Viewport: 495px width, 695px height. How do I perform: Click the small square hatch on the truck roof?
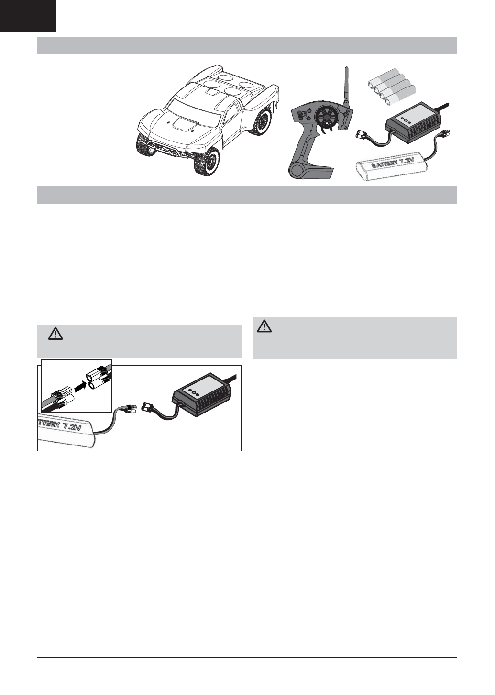tap(213, 91)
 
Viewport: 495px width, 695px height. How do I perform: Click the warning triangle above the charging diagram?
tap(55, 334)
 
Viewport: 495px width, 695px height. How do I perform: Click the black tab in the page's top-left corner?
tap(28, 15)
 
